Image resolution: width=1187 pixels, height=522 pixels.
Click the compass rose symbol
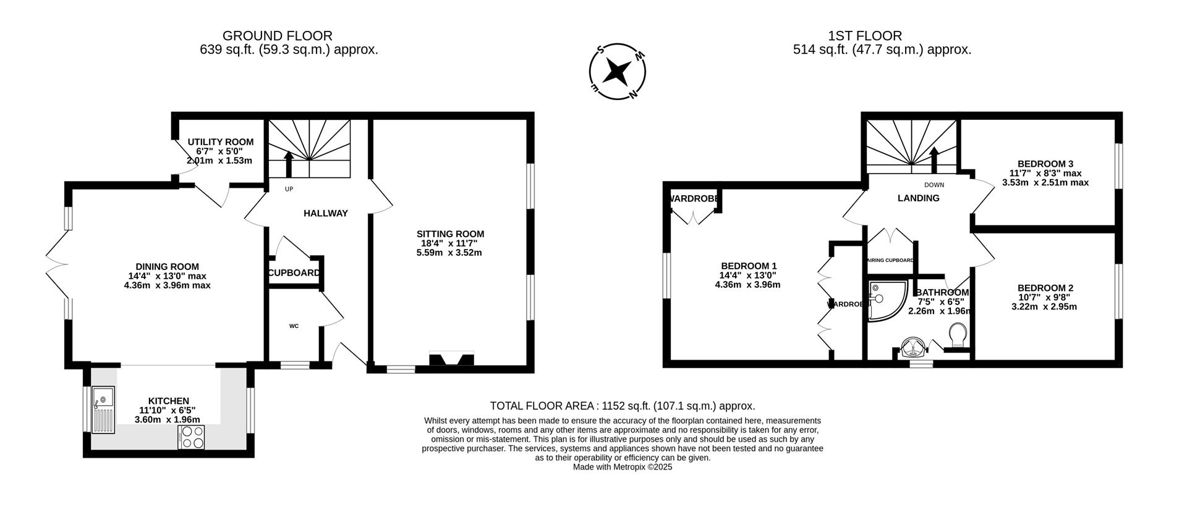pyautogui.click(x=617, y=72)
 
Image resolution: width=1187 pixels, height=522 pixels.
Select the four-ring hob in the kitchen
pyautogui.click(x=191, y=437)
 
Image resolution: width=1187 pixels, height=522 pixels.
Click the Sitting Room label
pyautogui.click(x=450, y=234)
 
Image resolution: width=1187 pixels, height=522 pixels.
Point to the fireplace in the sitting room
pyautogui.click(x=451, y=358)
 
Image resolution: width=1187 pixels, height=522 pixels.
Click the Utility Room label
pyautogui.click(x=220, y=142)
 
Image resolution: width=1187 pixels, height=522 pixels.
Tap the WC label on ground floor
pyautogui.click(x=294, y=326)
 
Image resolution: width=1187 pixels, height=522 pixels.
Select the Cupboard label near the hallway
pyautogui.click(x=294, y=273)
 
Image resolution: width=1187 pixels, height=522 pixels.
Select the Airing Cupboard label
pyautogui.click(x=891, y=261)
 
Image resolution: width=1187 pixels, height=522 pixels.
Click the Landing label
pyautogui.click(x=918, y=198)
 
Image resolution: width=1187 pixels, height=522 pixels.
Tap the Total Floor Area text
pyautogui.click(x=623, y=406)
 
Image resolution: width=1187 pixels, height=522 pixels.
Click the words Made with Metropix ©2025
pyautogui.click(x=623, y=467)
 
